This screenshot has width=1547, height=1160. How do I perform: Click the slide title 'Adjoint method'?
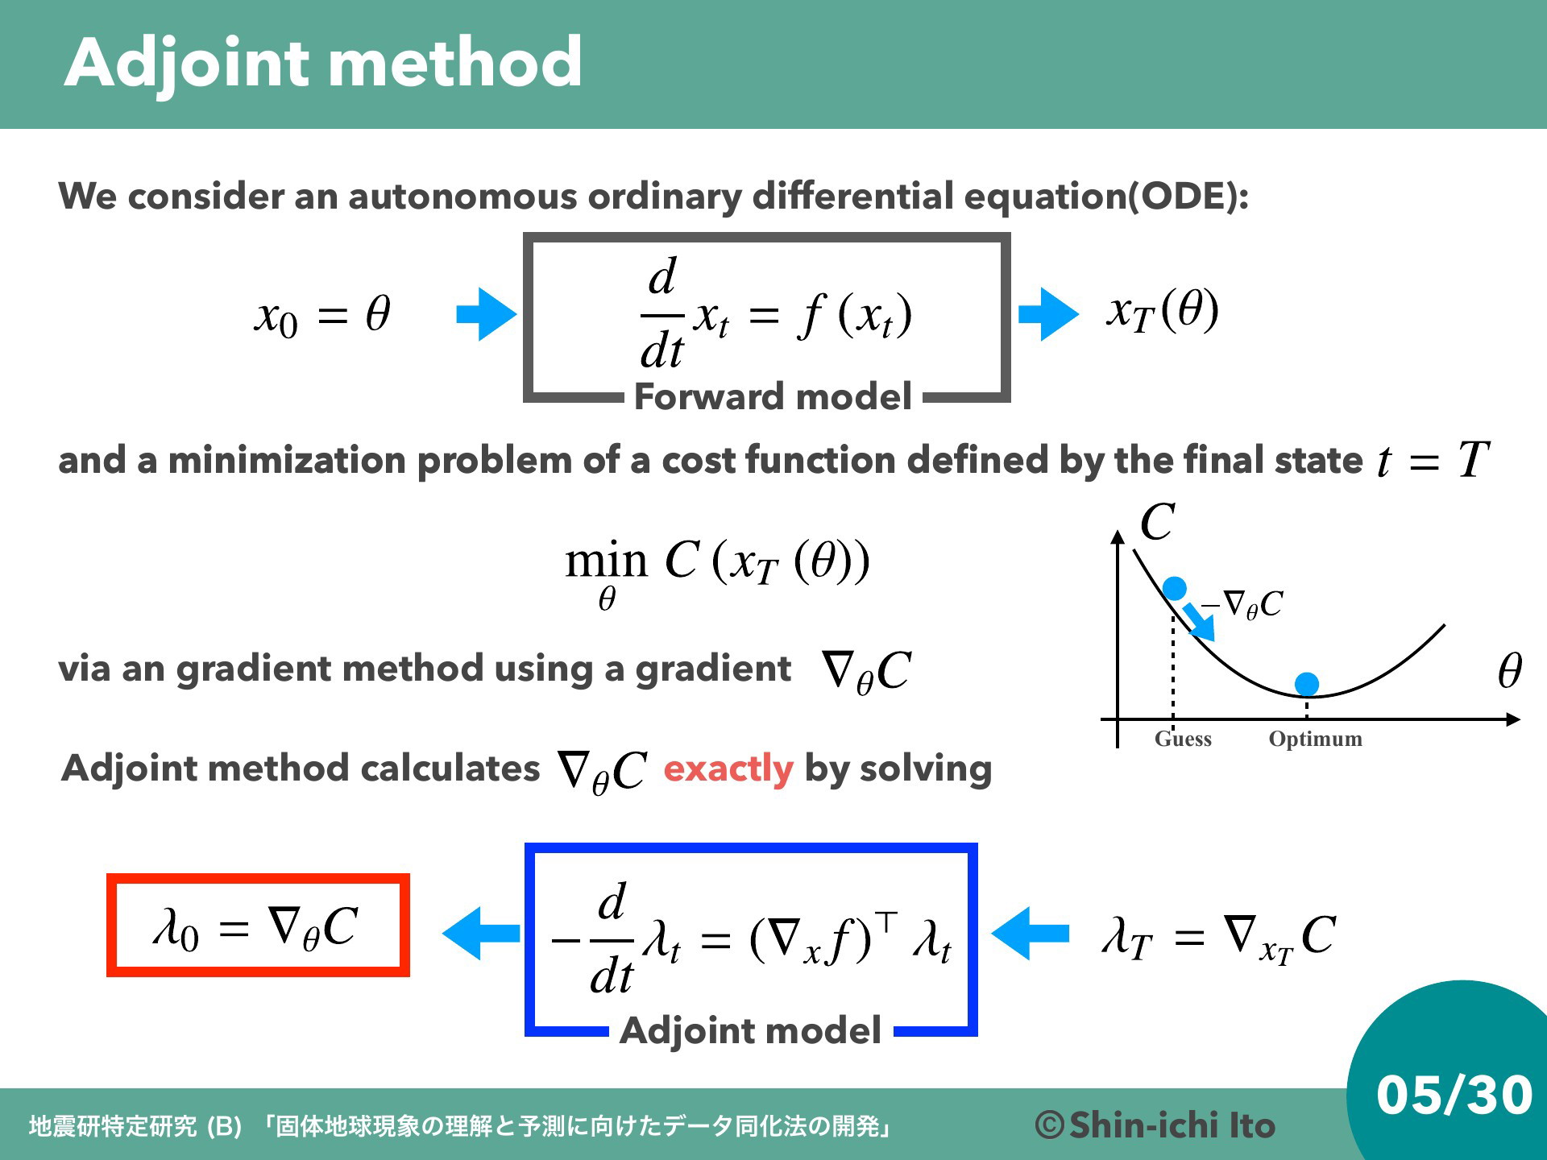click(x=323, y=64)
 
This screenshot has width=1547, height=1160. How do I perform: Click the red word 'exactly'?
click(x=728, y=768)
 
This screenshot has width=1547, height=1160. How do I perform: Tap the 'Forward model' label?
click(x=773, y=396)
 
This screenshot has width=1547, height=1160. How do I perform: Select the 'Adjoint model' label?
click(x=750, y=1030)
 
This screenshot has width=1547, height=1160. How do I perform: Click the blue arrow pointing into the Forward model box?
click(x=487, y=314)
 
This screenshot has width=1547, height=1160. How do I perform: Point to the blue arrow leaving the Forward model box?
click(x=1048, y=314)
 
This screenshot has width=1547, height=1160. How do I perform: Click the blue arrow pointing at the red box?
click(x=481, y=934)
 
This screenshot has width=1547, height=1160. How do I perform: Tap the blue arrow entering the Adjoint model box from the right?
click(x=1030, y=934)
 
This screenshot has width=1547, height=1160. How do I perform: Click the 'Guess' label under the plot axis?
click(x=1183, y=739)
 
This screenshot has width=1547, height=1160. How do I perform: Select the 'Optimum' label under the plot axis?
click(x=1315, y=739)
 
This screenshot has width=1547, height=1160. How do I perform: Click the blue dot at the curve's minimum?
click(x=1306, y=684)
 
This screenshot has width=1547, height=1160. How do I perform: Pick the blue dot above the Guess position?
click(x=1175, y=588)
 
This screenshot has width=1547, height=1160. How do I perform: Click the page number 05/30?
click(x=1454, y=1095)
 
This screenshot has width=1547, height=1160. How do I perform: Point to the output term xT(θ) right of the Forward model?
click(x=1163, y=311)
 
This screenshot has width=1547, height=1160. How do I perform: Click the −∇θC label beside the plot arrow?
click(x=1242, y=604)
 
